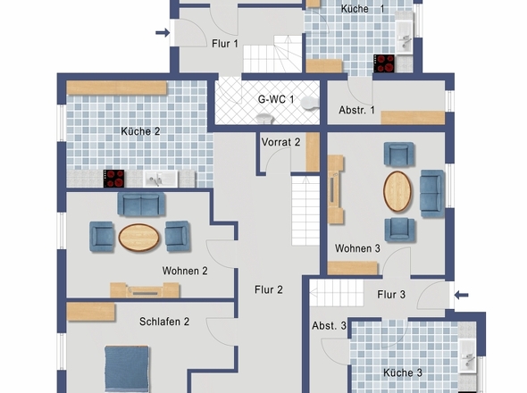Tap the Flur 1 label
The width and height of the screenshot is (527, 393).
224,43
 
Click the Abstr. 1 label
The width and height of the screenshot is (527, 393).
357,112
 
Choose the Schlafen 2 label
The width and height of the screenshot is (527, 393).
163,322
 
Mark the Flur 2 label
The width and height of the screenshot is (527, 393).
268,289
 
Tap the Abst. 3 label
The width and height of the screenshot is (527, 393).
329,327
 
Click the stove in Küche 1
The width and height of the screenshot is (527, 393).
385,63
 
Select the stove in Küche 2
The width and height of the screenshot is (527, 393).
115,179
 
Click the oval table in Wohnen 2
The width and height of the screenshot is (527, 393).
138,237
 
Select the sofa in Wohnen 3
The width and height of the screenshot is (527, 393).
431,189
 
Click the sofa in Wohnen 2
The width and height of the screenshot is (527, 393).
140,204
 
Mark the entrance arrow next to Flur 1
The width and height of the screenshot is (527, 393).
162,34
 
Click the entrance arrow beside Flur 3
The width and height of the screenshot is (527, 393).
461,295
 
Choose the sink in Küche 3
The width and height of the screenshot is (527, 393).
468,356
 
